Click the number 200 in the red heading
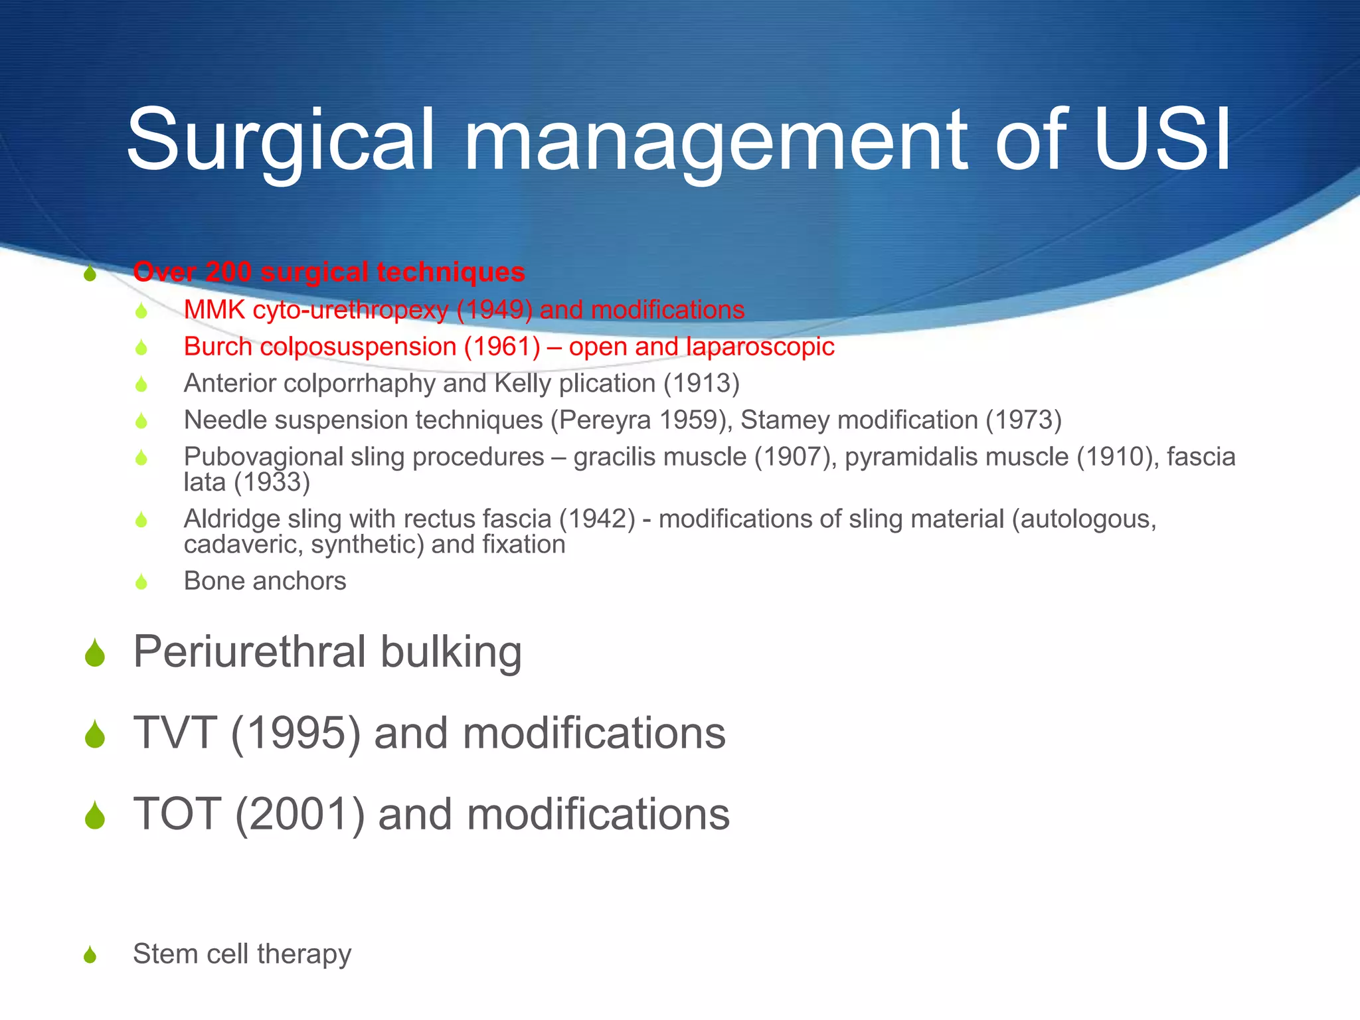tap(228, 272)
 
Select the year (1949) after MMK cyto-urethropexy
tap(494, 310)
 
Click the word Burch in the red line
tap(218, 347)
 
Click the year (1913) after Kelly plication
tap(701, 384)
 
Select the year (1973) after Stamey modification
tap(1023, 420)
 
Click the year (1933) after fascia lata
tap(272, 482)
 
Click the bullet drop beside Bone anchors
tap(141, 582)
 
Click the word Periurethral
tap(250, 652)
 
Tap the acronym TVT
tap(175, 733)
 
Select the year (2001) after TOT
tap(299, 815)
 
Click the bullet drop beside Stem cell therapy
tap(90, 955)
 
